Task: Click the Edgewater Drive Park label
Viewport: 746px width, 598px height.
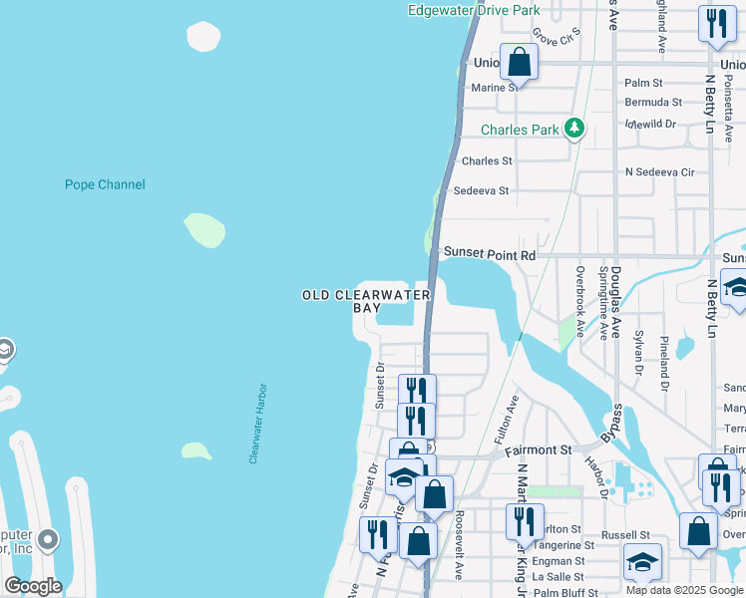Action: coord(474,10)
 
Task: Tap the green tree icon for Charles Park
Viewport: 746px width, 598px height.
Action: coord(573,129)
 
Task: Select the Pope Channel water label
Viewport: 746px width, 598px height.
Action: coord(105,184)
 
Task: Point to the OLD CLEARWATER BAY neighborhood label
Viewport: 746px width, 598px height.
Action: coord(367,301)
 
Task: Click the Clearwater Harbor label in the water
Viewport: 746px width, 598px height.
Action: coord(259,424)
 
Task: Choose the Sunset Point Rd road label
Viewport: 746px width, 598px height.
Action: coord(490,255)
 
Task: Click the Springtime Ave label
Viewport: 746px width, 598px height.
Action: coord(602,304)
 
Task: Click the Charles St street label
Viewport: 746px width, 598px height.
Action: coord(487,160)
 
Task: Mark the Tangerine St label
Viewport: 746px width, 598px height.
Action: coord(562,545)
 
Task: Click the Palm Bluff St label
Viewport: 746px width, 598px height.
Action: coord(564,592)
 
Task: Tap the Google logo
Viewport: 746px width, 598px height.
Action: coord(33,586)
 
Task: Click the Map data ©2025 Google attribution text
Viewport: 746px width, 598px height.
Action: coord(683,590)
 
